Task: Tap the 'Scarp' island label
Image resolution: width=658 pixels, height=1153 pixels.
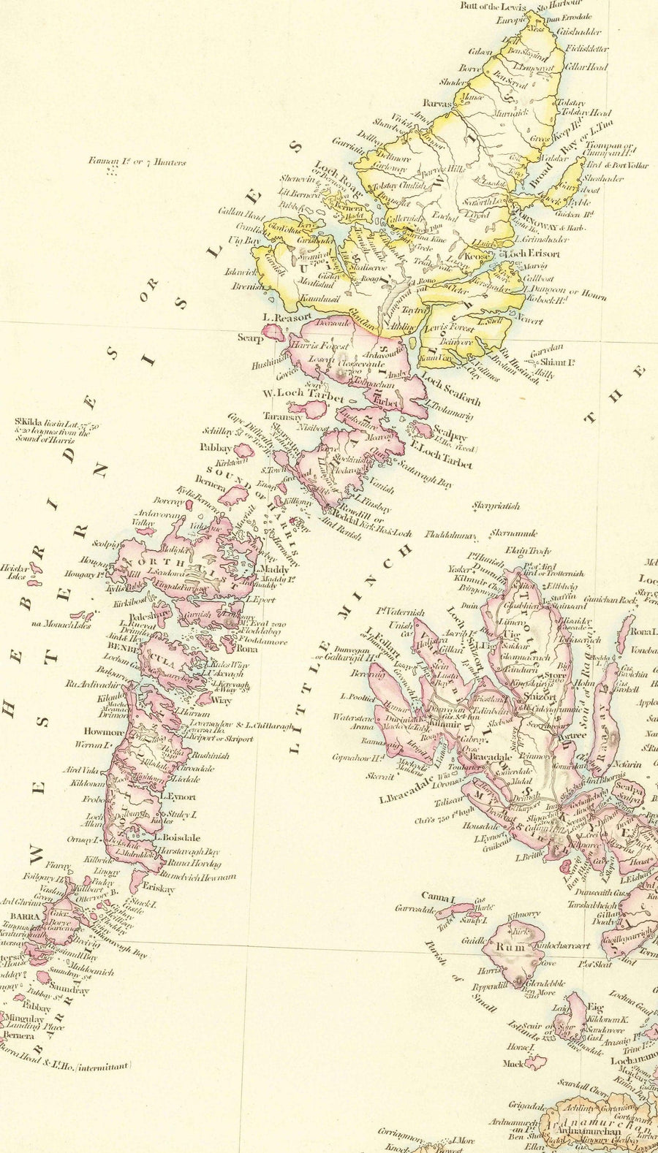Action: click(249, 338)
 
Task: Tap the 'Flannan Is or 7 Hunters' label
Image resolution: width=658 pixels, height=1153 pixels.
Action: click(137, 161)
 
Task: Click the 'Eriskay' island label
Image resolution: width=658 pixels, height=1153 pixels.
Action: click(159, 889)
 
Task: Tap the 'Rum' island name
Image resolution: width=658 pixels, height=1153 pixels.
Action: click(509, 947)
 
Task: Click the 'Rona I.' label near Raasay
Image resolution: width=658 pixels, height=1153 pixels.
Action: click(643, 631)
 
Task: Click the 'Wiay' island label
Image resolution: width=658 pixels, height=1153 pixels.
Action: click(221, 700)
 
